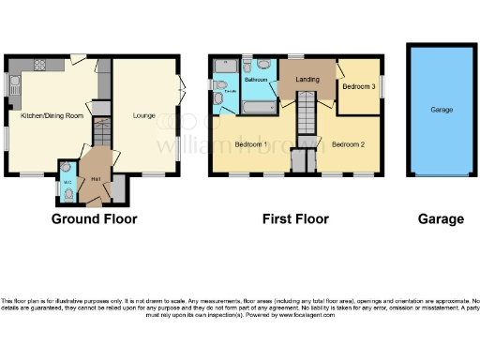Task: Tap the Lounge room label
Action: pos(143,115)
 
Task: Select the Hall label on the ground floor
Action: pos(96,177)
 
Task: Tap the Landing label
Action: pos(307,80)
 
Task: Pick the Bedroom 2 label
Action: pos(347,144)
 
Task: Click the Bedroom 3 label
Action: pos(358,87)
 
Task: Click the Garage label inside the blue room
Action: pos(442,110)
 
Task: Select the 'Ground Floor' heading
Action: pos(94,219)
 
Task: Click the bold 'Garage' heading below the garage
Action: pos(441,219)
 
